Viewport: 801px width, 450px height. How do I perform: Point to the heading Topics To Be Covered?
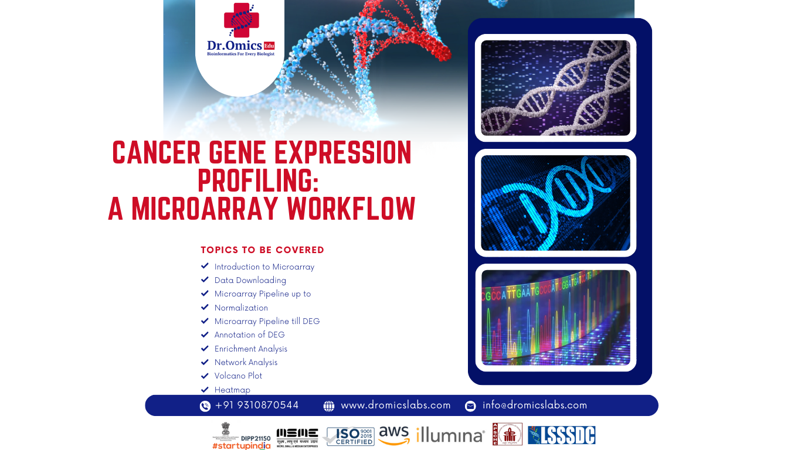tap(262, 250)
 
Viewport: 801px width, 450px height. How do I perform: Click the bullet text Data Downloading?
tap(250, 280)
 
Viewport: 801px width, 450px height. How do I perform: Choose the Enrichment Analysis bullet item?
tap(251, 349)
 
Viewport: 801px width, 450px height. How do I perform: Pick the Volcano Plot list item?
tap(238, 376)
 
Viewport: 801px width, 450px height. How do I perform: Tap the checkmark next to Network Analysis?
tap(205, 362)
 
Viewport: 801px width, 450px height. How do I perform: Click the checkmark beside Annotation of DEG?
tap(205, 335)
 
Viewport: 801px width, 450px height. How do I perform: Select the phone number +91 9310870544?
tap(257, 405)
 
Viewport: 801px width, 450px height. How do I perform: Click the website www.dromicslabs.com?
tap(396, 405)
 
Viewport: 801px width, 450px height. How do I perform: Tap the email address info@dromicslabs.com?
tap(535, 405)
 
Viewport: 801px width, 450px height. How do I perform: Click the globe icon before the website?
tap(329, 406)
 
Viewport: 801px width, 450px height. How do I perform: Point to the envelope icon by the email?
tap(470, 406)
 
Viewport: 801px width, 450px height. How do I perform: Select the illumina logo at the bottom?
tap(450, 435)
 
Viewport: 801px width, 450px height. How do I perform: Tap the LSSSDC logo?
tap(561, 435)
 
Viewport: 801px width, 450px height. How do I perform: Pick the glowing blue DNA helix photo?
tap(555, 203)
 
